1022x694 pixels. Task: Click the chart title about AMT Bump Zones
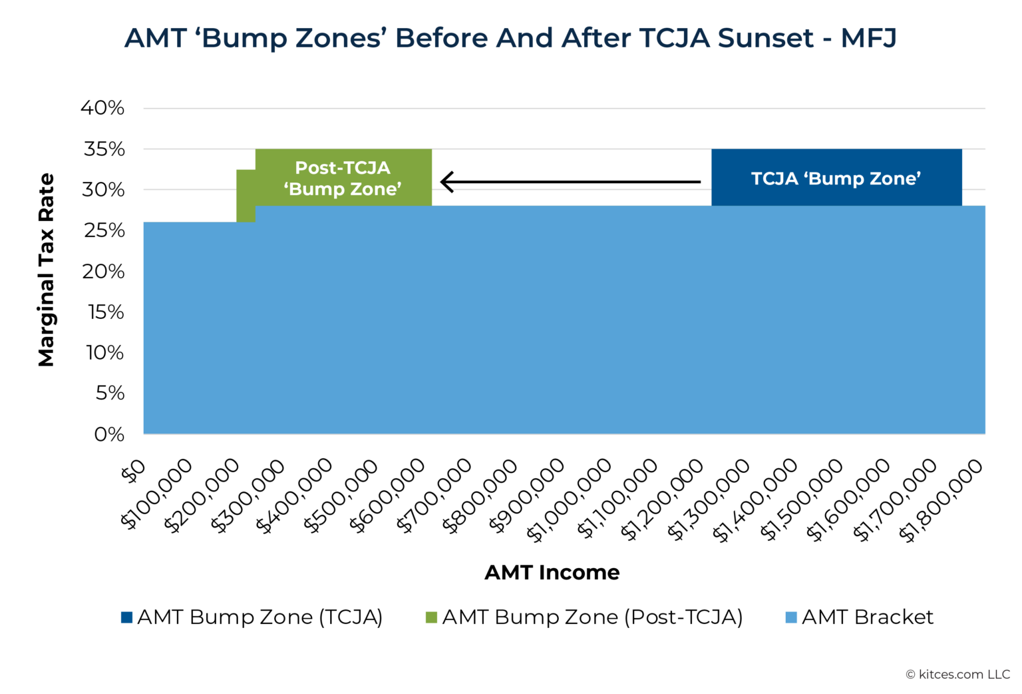510,38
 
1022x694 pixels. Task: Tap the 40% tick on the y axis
102,108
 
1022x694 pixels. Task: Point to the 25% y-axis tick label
103,230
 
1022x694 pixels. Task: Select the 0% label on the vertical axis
109,434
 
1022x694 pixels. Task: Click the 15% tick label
106,312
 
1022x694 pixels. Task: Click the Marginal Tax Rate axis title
46,270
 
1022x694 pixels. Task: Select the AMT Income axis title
552,572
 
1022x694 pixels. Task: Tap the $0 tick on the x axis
134,472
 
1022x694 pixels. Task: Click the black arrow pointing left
570,181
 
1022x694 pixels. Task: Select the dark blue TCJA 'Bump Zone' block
836,178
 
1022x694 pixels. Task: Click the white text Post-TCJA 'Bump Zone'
343,178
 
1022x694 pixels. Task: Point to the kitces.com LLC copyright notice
957,675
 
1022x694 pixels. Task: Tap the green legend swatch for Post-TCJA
431,617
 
